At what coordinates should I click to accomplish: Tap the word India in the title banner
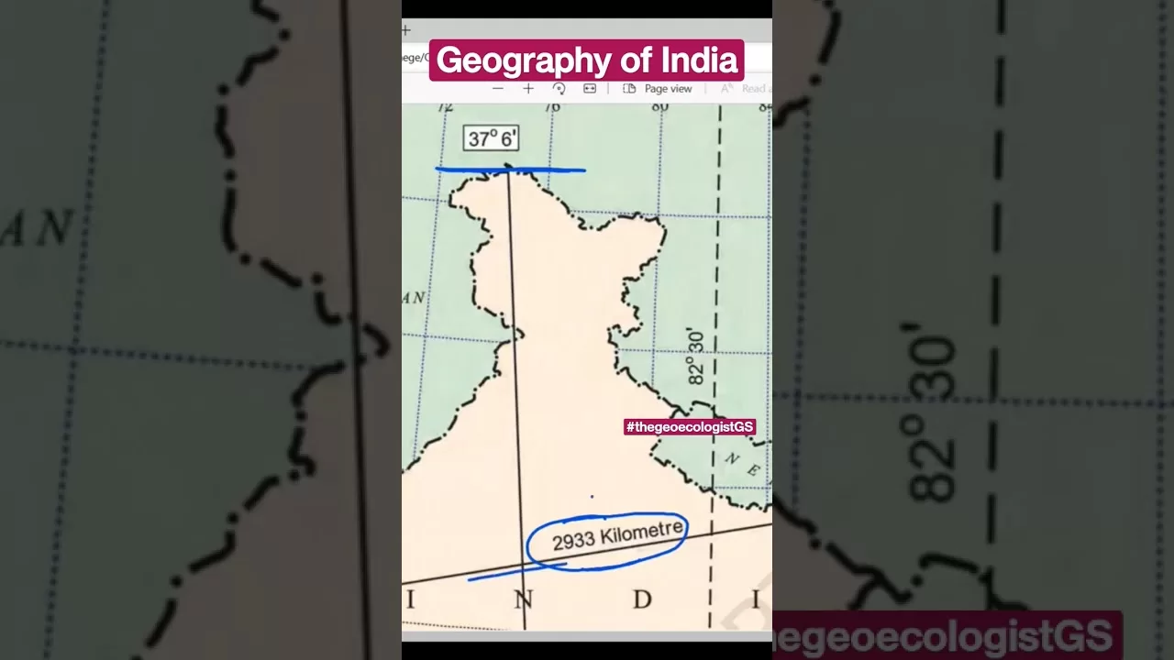coord(700,60)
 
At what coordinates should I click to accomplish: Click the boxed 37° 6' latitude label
coord(492,138)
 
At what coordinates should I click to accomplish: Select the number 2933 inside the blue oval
coord(574,541)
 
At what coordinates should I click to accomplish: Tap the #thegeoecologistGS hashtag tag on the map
coord(690,427)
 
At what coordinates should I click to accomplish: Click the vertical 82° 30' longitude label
coord(696,357)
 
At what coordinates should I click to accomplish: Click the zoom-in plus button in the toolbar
coord(528,89)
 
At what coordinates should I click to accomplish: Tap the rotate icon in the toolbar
coord(559,89)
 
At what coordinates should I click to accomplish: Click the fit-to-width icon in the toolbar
coord(590,89)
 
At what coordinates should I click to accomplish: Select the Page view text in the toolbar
coord(668,89)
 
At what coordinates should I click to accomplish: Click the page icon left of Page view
coord(629,89)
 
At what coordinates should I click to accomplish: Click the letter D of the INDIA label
coord(642,599)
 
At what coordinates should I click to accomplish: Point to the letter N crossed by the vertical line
coord(523,599)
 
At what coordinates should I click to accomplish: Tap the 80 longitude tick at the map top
coord(660,107)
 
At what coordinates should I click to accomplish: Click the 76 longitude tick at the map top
coord(552,107)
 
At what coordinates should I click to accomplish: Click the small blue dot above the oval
coord(592,497)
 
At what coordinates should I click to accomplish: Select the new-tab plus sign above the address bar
coord(406,30)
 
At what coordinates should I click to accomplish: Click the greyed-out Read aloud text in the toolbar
coord(754,89)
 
